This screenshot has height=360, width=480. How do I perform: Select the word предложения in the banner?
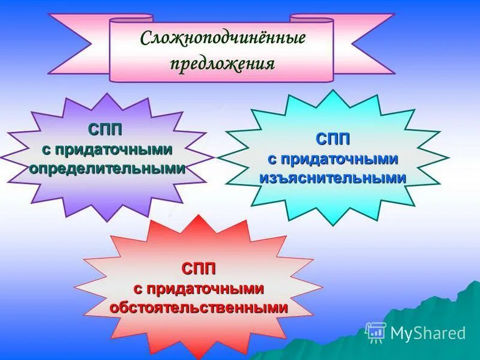pos(222,64)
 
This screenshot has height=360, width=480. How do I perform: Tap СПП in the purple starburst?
pos(106,130)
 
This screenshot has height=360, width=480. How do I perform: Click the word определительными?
pos(107,169)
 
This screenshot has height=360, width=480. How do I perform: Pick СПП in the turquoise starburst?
pos(333,139)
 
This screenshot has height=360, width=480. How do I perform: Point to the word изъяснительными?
pos(333,178)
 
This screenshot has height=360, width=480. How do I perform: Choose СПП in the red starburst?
pos(199,268)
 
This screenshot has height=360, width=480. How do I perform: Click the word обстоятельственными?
pos(199,307)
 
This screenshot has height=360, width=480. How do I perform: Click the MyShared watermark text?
pos(428,333)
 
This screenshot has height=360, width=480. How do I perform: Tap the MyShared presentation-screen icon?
pos(376,332)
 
